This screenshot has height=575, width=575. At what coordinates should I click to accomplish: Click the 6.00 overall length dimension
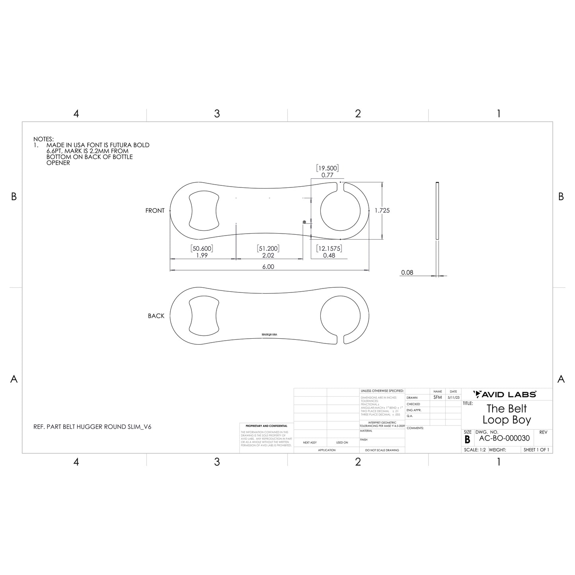268,267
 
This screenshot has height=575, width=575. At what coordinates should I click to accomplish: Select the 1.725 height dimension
382,211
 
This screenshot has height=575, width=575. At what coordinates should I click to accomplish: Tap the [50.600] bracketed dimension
202,249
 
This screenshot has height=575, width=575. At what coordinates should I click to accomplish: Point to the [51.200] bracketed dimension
268,249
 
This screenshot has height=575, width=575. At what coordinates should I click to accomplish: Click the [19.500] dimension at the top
327,168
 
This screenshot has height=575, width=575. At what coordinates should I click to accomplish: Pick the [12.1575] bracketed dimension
329,249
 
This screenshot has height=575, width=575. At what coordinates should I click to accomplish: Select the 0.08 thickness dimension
407,273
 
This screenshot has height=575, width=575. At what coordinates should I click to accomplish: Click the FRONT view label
155,211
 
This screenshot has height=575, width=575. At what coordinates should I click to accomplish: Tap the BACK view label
156,316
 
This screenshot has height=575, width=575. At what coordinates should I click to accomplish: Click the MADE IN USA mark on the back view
269,335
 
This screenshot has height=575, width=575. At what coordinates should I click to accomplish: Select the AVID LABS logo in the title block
505,394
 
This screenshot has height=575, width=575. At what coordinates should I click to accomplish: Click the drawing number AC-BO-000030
504,439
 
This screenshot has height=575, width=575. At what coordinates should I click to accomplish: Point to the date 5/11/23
453,398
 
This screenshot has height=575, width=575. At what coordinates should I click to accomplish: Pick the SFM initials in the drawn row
437,398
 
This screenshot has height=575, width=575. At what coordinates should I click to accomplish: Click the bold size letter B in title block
467,440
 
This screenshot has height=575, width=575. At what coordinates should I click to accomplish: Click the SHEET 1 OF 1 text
536,450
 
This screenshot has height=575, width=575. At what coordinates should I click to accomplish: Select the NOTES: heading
43,139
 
